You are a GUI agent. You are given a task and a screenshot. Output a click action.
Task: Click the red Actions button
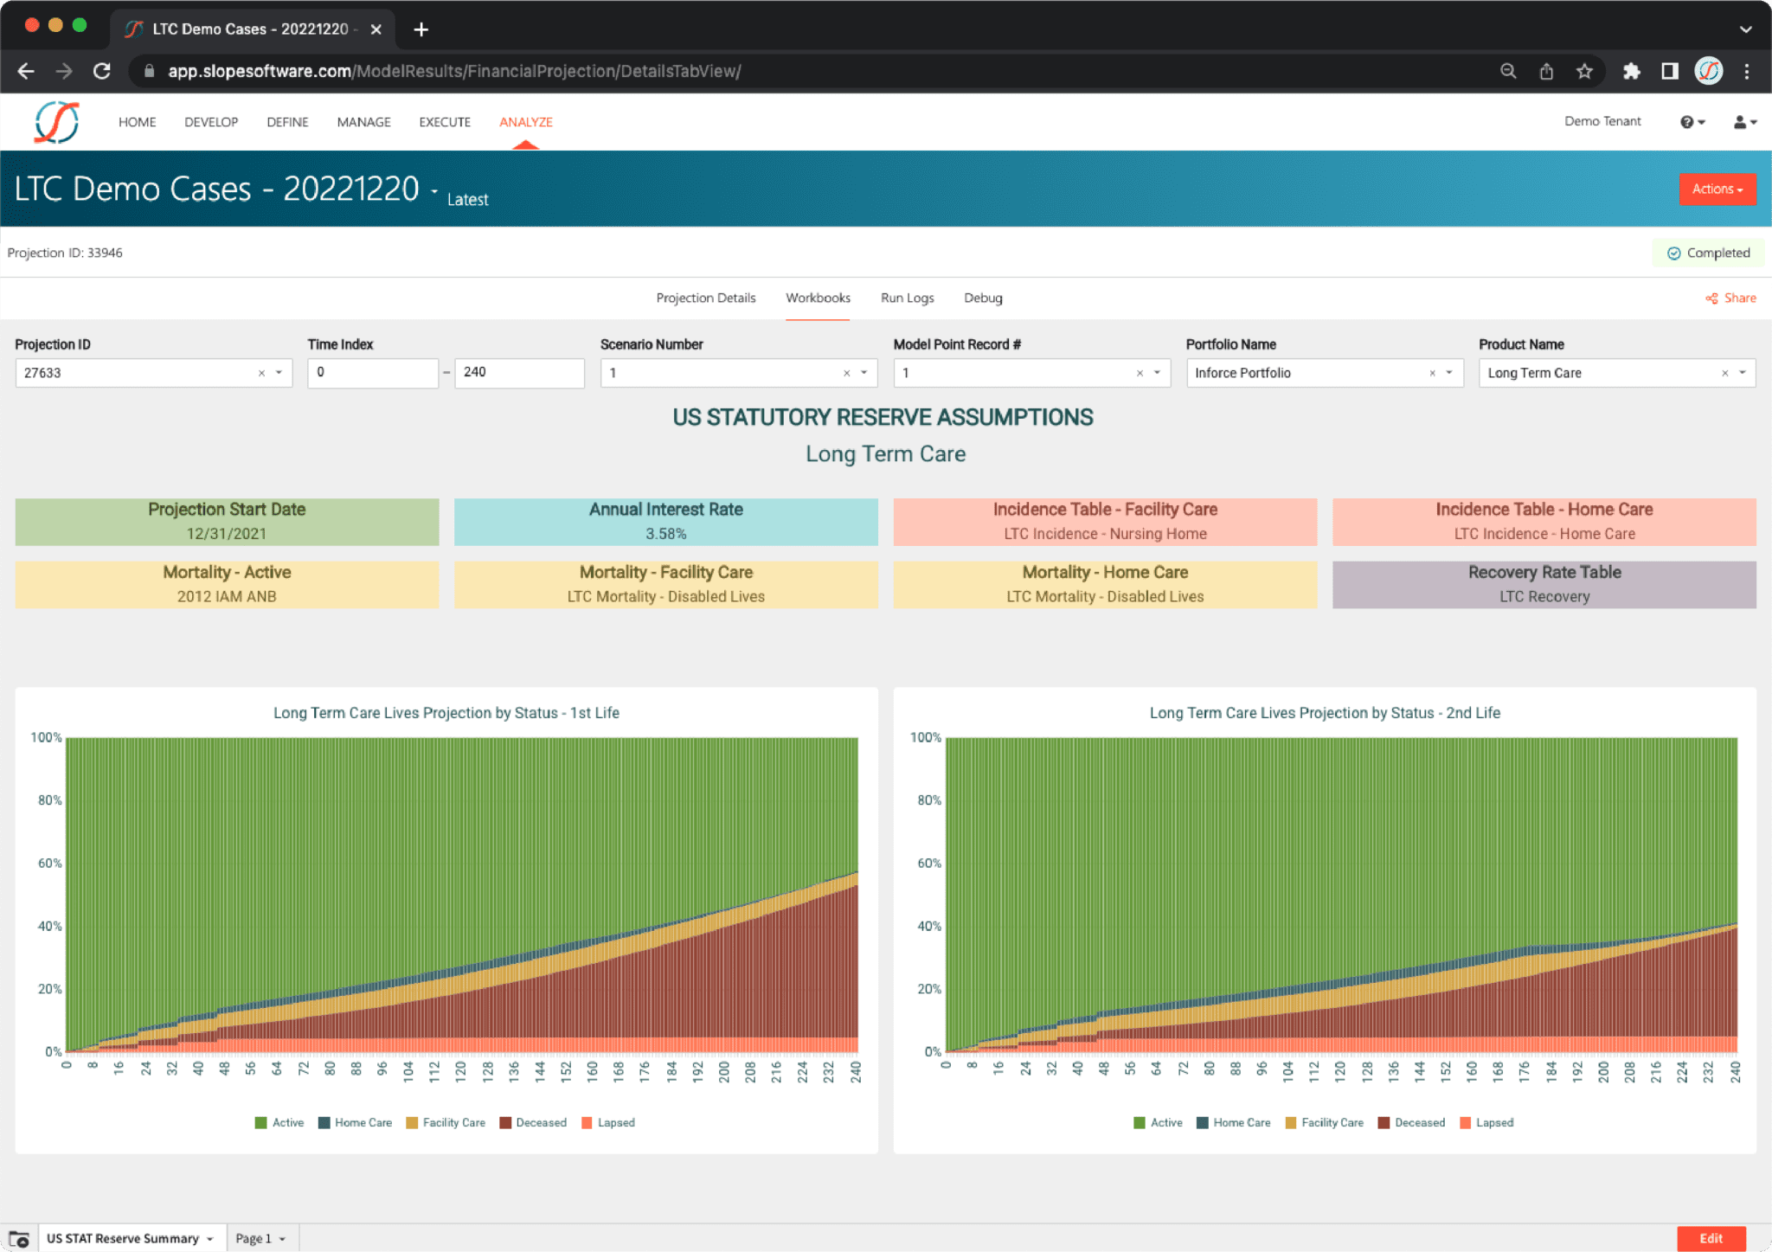pos(1717,189)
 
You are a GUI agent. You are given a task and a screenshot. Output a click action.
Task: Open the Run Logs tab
pos(907,298)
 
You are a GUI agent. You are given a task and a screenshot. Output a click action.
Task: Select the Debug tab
pos(983,298)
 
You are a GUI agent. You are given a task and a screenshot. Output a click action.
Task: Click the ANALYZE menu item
pos(525,122)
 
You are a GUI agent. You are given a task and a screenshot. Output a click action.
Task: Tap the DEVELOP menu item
pos(211,122)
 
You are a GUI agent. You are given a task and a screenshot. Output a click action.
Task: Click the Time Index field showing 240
pos(518,372)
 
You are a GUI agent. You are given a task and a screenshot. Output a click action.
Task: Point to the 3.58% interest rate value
pos(665,534)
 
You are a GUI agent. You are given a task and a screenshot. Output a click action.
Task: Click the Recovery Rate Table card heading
pos(1544,572)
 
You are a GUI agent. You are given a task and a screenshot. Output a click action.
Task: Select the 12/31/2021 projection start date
pos(227,534)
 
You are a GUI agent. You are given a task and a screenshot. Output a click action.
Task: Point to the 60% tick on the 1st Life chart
pos(49,863)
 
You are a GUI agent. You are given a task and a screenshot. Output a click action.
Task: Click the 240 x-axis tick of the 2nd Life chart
pos(1735,1073)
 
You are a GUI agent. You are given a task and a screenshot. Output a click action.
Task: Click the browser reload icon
pos(102,71)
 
